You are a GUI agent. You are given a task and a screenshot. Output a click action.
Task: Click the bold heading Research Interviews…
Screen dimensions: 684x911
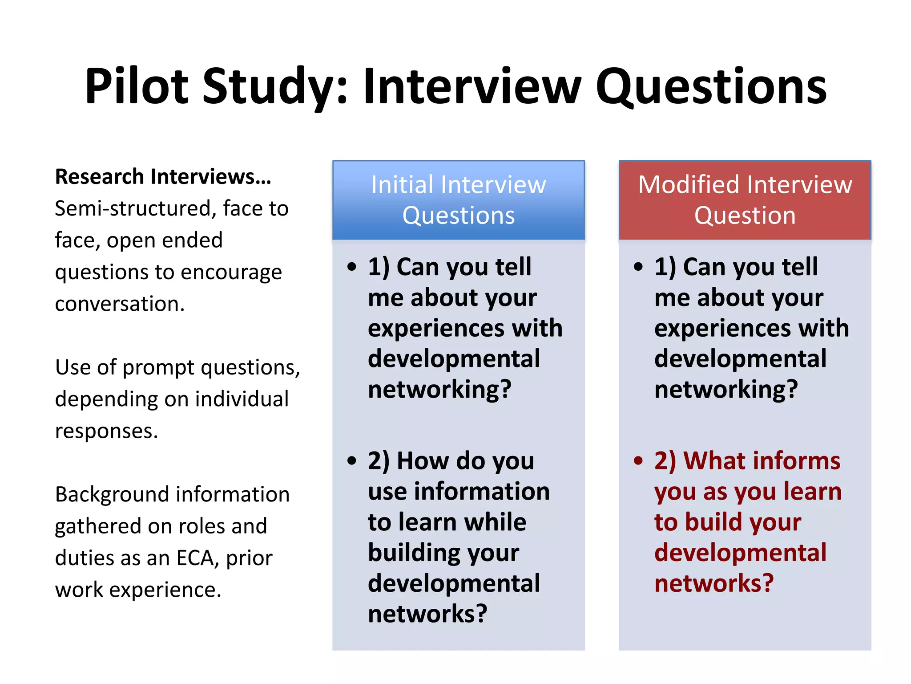(163, 177)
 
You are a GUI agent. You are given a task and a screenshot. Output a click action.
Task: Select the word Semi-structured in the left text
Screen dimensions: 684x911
(135, 208)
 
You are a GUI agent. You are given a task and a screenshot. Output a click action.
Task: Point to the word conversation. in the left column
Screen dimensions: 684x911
(120, 304)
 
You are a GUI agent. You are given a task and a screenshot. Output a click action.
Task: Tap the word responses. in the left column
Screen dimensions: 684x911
(106, 431)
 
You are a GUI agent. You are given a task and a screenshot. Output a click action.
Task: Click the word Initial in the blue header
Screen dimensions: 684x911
(402, 185)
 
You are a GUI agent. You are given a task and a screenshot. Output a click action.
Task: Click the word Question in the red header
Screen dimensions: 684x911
(745, 216)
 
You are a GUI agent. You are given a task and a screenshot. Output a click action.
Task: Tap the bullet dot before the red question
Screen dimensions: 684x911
(638, 460)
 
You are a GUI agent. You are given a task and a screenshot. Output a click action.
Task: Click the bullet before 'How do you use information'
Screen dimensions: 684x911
(352, 460)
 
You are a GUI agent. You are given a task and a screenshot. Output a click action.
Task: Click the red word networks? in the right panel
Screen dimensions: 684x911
(714, 583)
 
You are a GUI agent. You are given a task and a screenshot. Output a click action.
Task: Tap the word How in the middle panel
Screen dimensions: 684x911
(422, 460)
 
